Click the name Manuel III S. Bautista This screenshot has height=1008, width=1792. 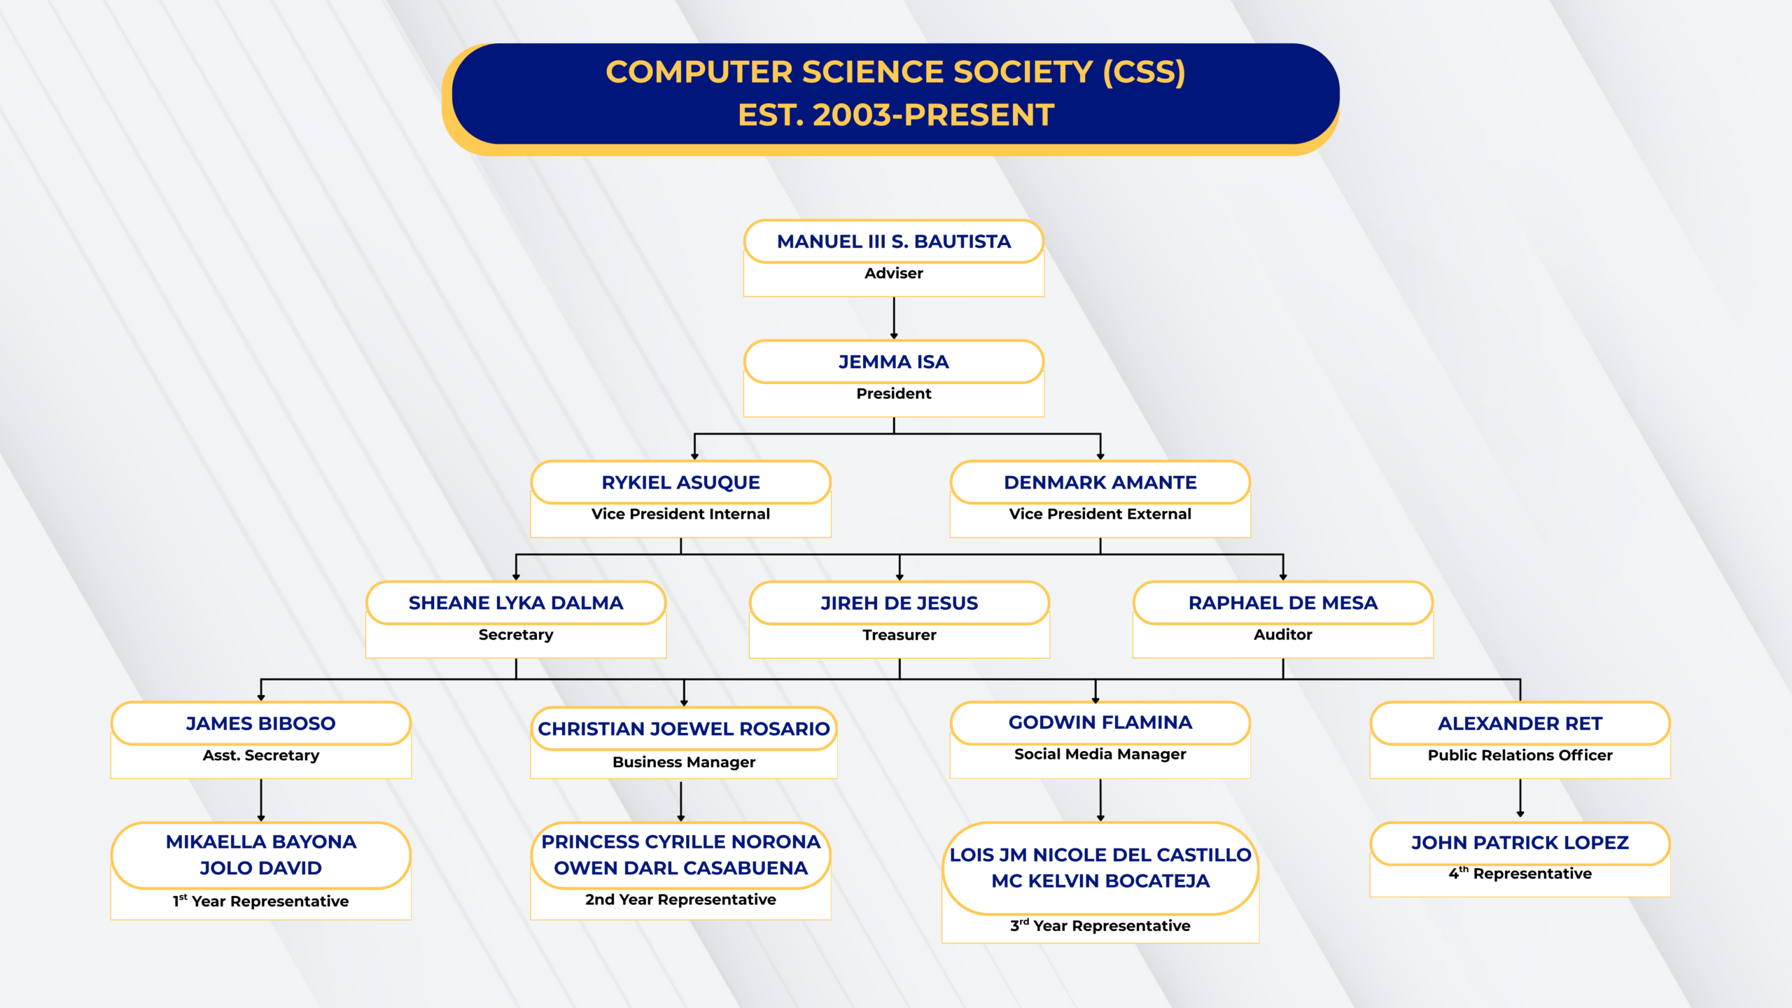[x=894, y=241]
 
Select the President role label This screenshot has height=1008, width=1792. [x=894, y=393]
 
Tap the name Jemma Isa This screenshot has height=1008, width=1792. [x=894, y=362]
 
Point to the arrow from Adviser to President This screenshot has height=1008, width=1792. [x=894, y=318]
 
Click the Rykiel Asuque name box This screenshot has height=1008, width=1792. [x=680, y=482]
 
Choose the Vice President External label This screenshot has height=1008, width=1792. [x=1100, y=514]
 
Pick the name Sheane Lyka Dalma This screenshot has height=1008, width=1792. [x=516, y=603]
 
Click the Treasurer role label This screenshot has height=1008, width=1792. [x=899, y=635]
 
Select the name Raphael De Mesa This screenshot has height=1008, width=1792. [x=1283, y=603]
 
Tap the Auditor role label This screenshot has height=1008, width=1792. [x=1283, y=634]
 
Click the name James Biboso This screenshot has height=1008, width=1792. [x=261, y=723]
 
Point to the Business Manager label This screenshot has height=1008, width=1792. [x=684, y=762]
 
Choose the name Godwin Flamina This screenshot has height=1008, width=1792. [x=1100, y=722]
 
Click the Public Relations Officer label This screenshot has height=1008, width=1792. [x=1520, y=755]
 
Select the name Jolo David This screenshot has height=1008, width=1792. [x=261, y=868]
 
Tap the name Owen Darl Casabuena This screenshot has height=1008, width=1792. [x=681, y=868]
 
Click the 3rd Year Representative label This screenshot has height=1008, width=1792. [x=1100, y=925]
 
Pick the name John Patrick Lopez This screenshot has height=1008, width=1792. [x=1520, y=843]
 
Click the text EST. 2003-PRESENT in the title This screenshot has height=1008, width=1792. [x=896, y=115]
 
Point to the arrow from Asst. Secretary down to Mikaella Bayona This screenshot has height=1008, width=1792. [x=261, y=800]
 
